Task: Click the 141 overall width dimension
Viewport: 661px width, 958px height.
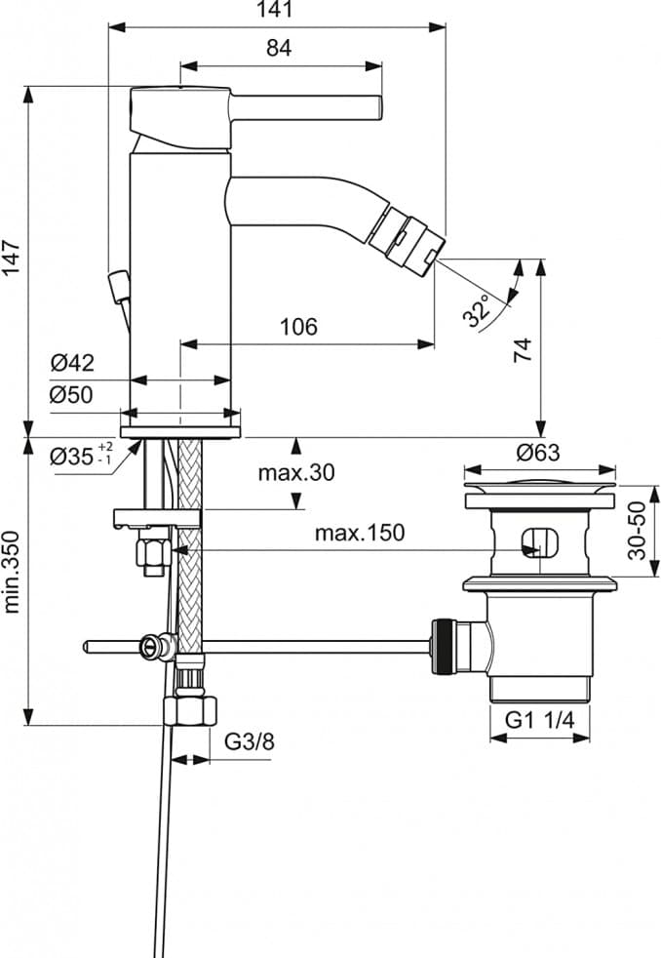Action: pyautogui.click(x=278, y=10)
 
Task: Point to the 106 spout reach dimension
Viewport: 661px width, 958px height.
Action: pyautogui.click(x=298, y=326)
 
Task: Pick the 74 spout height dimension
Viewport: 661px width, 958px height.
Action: pyautogui.click(x=523, y=351)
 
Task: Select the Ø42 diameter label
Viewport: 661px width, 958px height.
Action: pyautogui.click(x=72, y=363)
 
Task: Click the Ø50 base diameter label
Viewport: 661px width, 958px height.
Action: pyautogui.click(x=72, y=395)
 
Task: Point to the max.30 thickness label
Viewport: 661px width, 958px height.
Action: pyautogui.click(x=296, y=473)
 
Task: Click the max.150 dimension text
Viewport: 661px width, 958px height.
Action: pyautogui.click(x=359, y=533)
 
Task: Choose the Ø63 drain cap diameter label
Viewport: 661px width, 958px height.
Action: pyautogui.click(x=538, y=453)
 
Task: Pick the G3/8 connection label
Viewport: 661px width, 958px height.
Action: pyautogui.click(x=250, y=741)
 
